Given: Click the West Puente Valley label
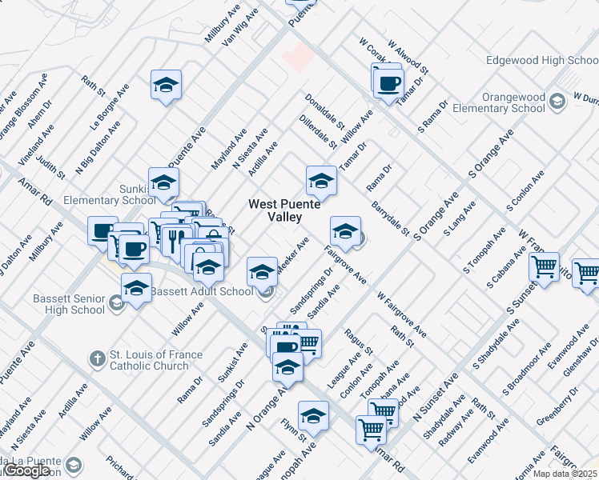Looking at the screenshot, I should click(285, 210).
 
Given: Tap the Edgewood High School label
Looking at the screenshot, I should click(542, 61).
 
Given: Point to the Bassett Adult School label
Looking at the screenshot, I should click(203, 291).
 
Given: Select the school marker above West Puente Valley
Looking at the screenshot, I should click(321, 181).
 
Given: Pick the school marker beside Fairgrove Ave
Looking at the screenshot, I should click(345, 232).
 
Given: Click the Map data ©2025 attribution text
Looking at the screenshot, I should click(563, 473).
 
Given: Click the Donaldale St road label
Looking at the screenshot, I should click(324, 113).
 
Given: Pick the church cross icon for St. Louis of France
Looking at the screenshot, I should click(97, 358).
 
